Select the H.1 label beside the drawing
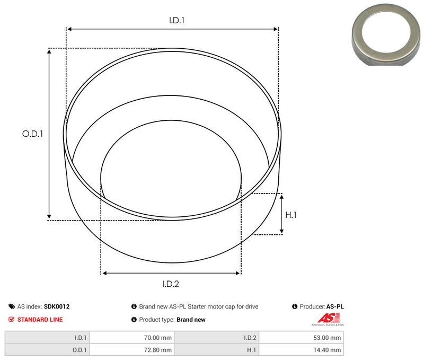point(291,215)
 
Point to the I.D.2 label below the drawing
point(171,284)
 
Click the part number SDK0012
point(57,306)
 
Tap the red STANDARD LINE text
point(40,320)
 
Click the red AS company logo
point(325,319)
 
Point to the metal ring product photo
point(385,33)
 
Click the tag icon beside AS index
point(12,306)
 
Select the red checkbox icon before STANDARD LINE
point(12,320)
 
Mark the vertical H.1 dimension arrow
point(281,214)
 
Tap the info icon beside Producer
point(295,306)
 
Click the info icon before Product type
point(134,320)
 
